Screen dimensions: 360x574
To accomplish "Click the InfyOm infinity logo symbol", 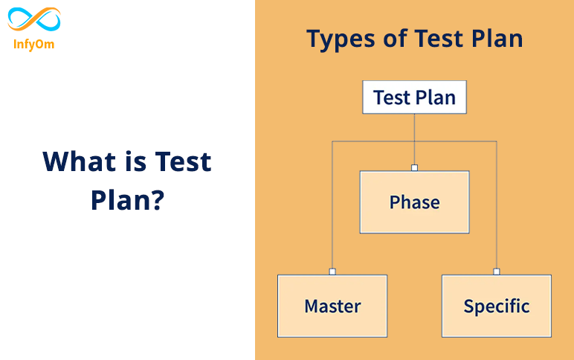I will click(x=34, y=20).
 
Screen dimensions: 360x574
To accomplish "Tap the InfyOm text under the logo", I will click(x=34, y=44).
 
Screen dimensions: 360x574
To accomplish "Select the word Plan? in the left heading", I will click(x=127, y=199).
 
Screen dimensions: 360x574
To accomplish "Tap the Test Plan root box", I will click(x=414, y=98).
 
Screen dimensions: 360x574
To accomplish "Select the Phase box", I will click(x=414, y=202).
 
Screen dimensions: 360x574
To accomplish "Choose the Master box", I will click(x=332, y=306).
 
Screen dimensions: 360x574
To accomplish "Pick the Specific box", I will click(x=496, y=306).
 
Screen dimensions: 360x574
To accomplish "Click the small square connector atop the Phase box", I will click(x=414, y=167).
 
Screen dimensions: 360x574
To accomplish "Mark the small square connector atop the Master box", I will click(x=332, y=271).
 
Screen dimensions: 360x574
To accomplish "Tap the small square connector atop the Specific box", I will click(x=496, y=271).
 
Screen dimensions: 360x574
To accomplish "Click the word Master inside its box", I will click(x=332, y=306).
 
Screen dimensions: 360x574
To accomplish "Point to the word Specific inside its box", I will click(x=496, y=306).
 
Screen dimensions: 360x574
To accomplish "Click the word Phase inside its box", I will click(x=414, y=202).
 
